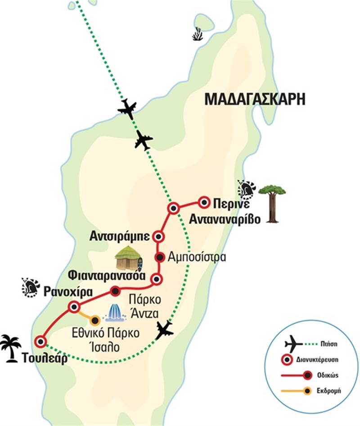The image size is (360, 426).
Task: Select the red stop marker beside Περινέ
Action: coord(204,203)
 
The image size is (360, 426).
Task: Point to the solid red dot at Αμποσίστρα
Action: coord(159,257)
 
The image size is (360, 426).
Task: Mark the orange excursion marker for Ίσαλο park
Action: coord(95,321)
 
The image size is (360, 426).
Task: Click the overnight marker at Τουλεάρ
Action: coord(41,342)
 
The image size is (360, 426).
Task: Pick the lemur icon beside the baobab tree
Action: coord(247,190)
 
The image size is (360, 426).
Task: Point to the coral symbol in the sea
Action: coord(197,34)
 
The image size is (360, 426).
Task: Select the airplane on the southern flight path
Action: coord(165,331)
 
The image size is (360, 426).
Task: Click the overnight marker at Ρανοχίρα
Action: coord(74,307)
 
